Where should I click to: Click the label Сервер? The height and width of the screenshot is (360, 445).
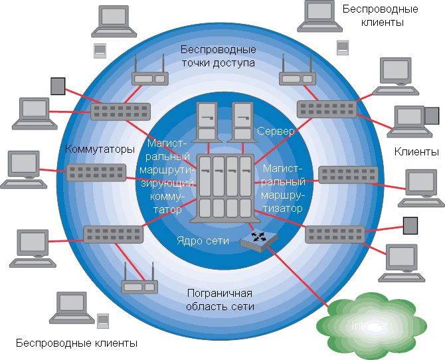[x=276, y=132]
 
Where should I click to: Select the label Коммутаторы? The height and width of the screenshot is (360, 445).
[x=100, y=148]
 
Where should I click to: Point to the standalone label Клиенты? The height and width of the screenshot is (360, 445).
[x=416, y=152]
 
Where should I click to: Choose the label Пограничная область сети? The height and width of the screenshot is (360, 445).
[x=221, y=300]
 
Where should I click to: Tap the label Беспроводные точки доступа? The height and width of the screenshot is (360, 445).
[x=218, y=57]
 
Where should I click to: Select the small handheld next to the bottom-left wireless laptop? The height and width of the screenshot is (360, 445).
[x=102, y=321]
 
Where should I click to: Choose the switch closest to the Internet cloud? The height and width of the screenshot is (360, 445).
[x=334, y=233]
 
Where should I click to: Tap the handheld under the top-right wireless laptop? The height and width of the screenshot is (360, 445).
[x=342, y=47]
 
